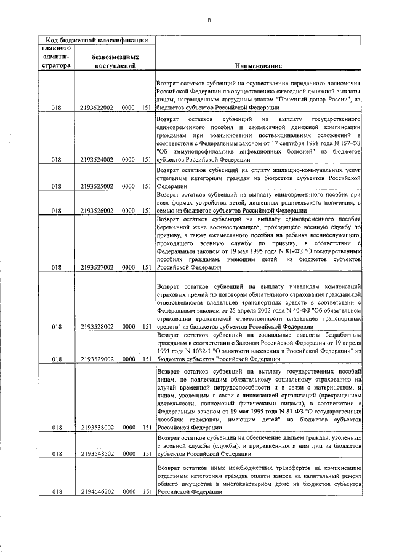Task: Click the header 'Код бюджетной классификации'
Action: coord(95,41)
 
